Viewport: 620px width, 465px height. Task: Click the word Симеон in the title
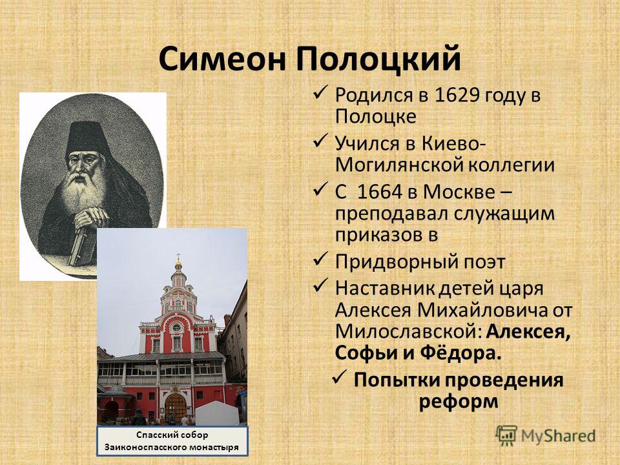click(x=222, y=58)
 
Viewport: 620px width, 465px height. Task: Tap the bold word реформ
click(x=459, y=402)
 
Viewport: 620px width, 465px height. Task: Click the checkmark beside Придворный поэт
click(x=320, y=260)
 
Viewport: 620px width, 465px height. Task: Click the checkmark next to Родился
click(x=320, y=92)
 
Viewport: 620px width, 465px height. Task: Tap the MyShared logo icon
click(x=506, y=436)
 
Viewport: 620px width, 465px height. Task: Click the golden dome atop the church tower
click(x=178, y=263)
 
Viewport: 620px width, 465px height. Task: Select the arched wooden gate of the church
click(x=176, y=408)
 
